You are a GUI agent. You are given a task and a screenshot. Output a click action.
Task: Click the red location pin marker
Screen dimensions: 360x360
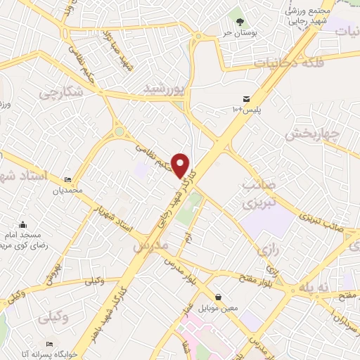pyautogui.click(x=181, y=165)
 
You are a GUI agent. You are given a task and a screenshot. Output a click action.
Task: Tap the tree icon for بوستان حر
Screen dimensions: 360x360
pyautogui.click(x=240, y=23)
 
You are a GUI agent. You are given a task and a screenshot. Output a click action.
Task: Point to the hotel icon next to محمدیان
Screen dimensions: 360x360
pyautogui.click(x=67, y=179)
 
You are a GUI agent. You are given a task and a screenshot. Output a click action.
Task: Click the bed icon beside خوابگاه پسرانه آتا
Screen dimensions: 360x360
pyautogui.click(x=49, y=343)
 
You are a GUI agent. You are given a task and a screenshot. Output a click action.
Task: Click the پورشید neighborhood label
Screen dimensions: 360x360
pyautogui.click(x=162, y=87)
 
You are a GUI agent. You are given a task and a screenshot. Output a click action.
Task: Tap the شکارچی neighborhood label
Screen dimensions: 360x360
pyautogui.click(x=60, y=92)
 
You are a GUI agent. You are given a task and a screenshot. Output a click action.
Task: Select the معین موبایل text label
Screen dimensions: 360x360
pyautogui.click(x=219, y=308)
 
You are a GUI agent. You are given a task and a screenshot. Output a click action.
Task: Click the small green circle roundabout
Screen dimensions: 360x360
pyautogui.click(x=120, y=131)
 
